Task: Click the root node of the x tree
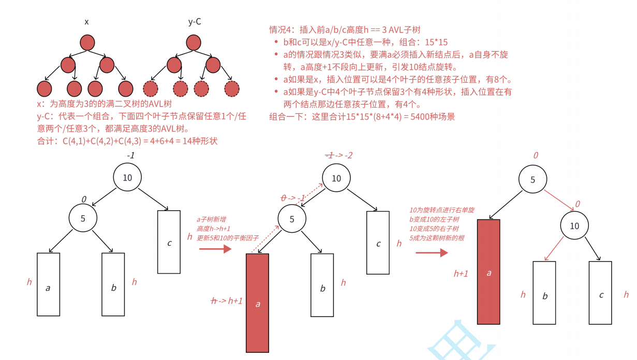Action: tap(87, 42)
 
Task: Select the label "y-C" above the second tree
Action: tap(195, 22)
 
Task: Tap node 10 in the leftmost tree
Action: tap(127, 177)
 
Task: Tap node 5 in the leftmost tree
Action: tap(83, 218)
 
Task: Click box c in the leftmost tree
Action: tap(169, 242)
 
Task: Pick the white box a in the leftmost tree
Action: tap(48, 284)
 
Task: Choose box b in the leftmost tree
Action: tap(113, 284)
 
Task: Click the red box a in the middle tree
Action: tap(257, 303)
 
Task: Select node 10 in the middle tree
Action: tap(336, 178)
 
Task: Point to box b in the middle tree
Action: tap(322, 285)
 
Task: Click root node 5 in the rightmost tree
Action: tap(533, 180)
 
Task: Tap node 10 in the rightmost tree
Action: tap(574, 226)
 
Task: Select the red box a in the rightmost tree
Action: tap(488, 272)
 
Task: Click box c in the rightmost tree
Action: tap(600, 293)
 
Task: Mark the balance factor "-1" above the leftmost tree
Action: tap(131, 156)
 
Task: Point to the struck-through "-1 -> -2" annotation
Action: tap(338, 156)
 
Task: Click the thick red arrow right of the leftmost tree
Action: tap(215, 249)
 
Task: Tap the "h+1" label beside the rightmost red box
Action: tap(461, 274)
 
